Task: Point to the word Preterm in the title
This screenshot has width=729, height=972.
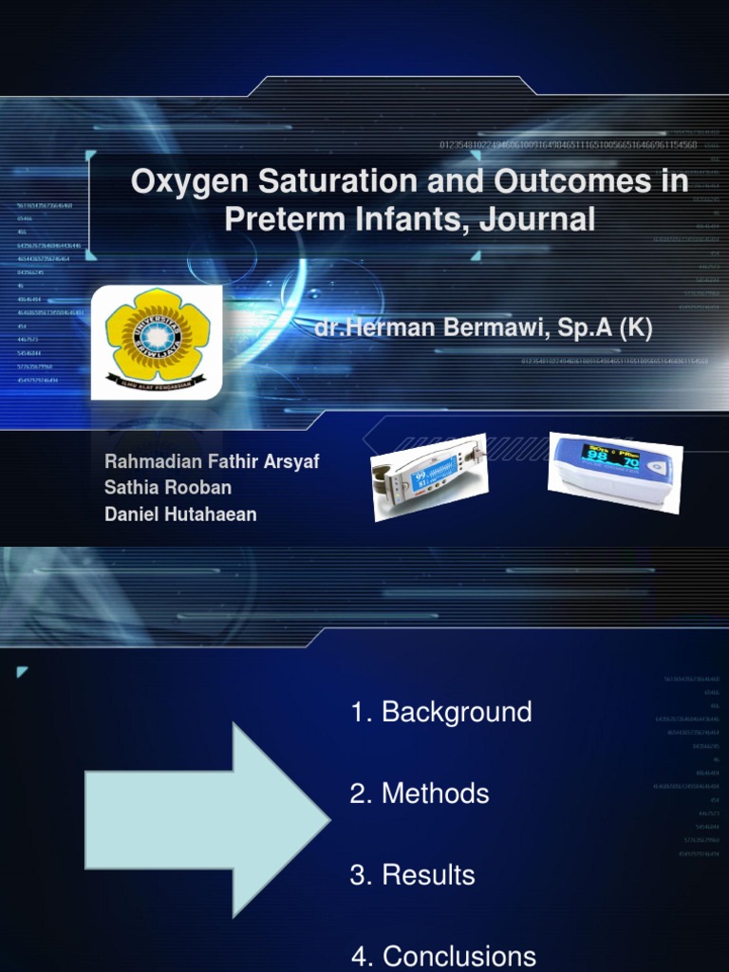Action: pyautogui.click(x=279, y=219)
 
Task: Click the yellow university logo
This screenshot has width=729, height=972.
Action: pyautogui.click(x=157, y=341)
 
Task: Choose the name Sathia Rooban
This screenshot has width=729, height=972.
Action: pyautogui.click(x=168, y=488)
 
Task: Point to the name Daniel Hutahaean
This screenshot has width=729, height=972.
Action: pyautogui.click(x=180, y=514)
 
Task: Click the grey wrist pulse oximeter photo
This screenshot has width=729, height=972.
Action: pyautogui.click(x=429, y=477)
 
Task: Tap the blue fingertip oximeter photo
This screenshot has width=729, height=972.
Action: pyautogui.click(x=614, y=472)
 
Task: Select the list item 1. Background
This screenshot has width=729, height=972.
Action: pyautogui.click(x=441, y=713)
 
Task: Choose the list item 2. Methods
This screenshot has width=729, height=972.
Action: pyautogui.click(x=420, y=794)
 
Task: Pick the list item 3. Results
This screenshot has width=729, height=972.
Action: pyautogui.click(x=413, y=875)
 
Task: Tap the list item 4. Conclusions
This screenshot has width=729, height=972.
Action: pyautogui.click(x=443, y=956)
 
